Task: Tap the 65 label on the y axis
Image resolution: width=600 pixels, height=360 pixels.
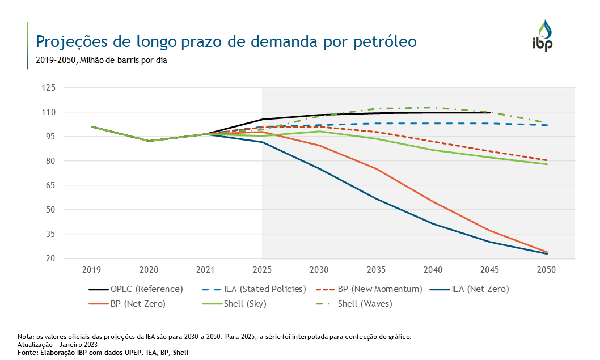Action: [50, 185]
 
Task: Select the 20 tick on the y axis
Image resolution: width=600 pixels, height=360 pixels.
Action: [50, 259]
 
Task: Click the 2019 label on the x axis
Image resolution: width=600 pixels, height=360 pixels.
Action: [92, 270]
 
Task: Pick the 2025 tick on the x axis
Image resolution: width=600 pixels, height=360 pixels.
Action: [262, 270]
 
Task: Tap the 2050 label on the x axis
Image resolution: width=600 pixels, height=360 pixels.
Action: [547, 270]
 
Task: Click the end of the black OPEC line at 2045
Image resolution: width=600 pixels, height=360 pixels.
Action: [489, 112]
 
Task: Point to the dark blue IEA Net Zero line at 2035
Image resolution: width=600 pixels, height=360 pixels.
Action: [376, 198]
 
